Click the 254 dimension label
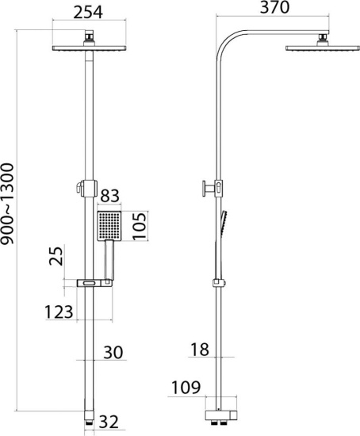click(88, 12)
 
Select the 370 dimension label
click(274, 7)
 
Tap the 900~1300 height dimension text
click(7, 204)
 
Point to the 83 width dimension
click(109, 196)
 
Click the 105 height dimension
click(139, 226)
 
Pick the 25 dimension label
click(56, 256)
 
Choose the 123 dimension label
click(59, 312)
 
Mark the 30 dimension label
click(113, 353)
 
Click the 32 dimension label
click(109, 422)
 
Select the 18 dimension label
click(200, 350)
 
